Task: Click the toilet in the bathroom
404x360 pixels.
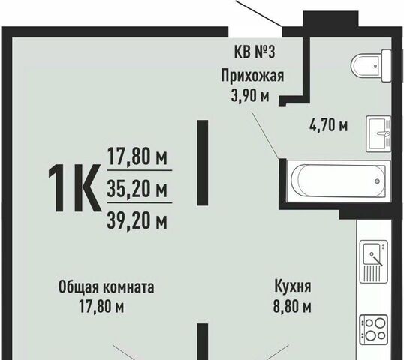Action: click(372, 65)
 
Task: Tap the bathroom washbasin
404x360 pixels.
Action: click(378, 133)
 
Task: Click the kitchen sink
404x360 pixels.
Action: click(374, 262)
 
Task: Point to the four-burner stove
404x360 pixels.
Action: click(374, 329)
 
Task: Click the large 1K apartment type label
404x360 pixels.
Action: click(74, 188)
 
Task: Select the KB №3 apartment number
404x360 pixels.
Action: click(255, 52)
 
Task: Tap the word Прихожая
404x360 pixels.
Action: click(252, 76)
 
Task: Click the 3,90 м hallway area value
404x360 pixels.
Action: click(250, 96)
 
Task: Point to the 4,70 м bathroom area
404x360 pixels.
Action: click(328, 125)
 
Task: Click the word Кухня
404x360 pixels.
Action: click(293, 286)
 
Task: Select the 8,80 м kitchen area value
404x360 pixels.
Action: click(292, 307)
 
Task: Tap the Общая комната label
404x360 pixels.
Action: click(107, 287)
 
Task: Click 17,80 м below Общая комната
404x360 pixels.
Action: click(101, 307)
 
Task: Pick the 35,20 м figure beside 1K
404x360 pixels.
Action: click(137, 188)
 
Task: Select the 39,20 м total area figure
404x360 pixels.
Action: click(137, 220)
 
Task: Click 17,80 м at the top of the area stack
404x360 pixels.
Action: click(137, 157)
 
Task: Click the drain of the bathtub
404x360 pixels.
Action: click(378, 181)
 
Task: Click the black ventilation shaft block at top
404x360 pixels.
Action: click(330, 19)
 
